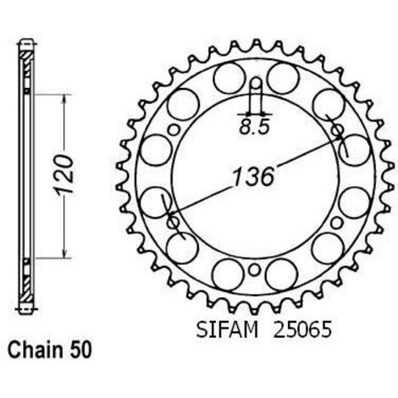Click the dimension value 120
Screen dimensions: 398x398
pos(64,175)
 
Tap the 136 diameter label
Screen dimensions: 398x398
pos(253,177)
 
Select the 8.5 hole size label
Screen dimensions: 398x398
pos(254,128)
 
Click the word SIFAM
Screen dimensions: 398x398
pos(227,329)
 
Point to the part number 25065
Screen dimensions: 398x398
pos(301,329)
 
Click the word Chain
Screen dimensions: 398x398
pos(36,351)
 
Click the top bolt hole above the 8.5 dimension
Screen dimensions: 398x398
pos(256,83)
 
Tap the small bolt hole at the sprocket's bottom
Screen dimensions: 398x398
pos(254,270)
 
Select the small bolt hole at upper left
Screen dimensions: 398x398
pos(174,130)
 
